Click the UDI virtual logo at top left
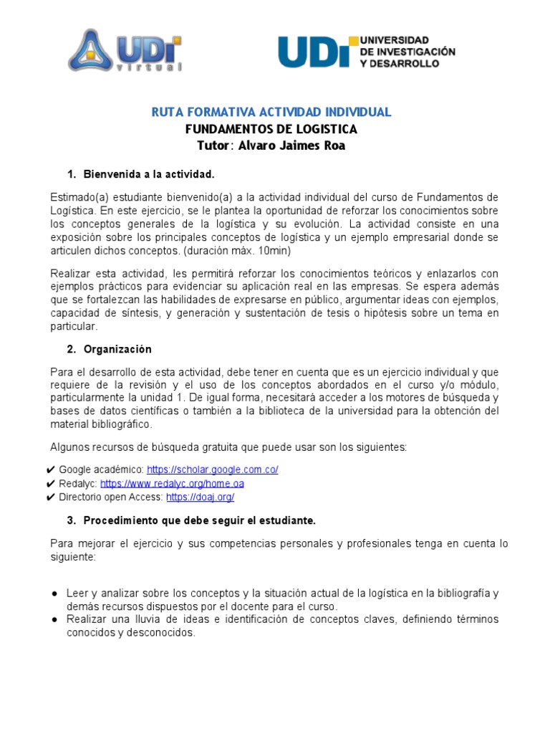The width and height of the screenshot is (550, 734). click(x=125, y=51)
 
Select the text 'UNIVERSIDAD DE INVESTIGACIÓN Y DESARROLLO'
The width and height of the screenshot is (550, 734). click(x=407, y=52)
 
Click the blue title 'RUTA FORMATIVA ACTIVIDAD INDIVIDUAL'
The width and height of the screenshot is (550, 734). click(x=271, y=112)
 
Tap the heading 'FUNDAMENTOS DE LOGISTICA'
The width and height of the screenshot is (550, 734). click(x=271, y=129)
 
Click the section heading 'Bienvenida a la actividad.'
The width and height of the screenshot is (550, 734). click(x=149, y=174)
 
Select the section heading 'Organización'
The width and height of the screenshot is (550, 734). click(x=117, y=349)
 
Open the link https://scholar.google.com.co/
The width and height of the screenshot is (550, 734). click(x=212, y=470)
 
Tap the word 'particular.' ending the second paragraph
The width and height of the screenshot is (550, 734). click(x=74, y=326)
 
